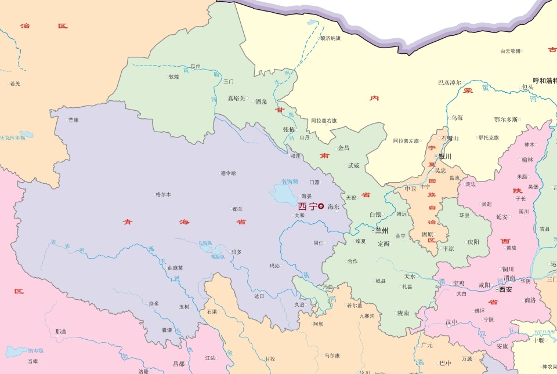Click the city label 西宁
(x=307, y=206)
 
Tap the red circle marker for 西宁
(x=321, y=206)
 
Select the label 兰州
(x=382, y=230)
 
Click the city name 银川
(x=445, y=157)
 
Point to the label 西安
(x=505, y=289)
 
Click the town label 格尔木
(x=163, y=194)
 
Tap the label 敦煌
(x=173, y=77)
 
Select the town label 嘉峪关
(x=236, y=99)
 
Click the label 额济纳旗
(x=330, y=38)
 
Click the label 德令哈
(x=229, y=173)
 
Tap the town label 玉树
(x=184, y=306)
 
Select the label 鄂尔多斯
(x=505, y=120)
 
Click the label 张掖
(x=289, y=129)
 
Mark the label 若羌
(x=15, y=83)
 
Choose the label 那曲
(x=61, y=332)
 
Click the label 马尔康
(x=332, y=355)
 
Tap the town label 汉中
(x=451, y=322)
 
